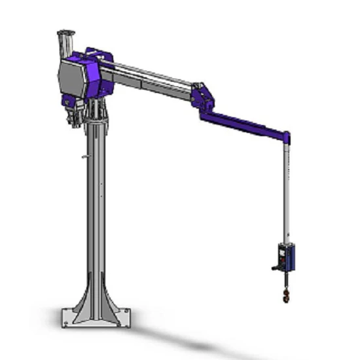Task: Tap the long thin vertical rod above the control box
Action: (x=286, y=190)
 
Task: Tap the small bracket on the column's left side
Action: (x=83, y=156)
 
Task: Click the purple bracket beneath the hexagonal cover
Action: (x=68, y=101)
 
